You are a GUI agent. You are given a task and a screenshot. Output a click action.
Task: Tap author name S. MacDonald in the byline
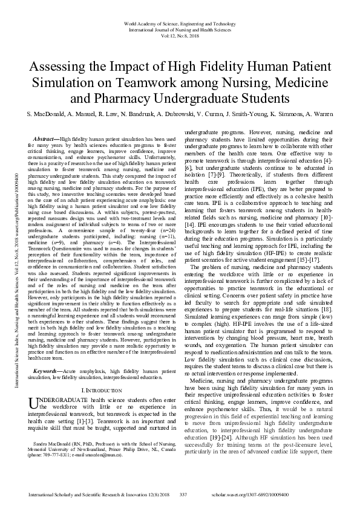click(x=44, y=114)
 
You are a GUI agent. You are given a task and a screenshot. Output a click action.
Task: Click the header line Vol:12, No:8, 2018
click(x=180, y=36)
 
